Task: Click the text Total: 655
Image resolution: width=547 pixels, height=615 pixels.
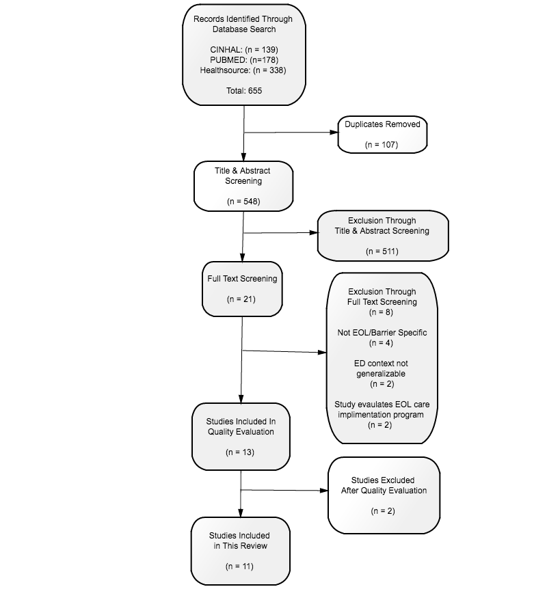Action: [x=244, y=91]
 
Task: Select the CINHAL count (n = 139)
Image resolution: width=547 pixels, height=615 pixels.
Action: [x=261, y=50]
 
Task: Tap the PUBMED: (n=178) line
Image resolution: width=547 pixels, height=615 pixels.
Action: [x=244, y=60]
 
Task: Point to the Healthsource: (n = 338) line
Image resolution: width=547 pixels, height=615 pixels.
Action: [x=243, y=70]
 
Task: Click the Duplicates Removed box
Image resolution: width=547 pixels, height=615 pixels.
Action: [x=383, y=135]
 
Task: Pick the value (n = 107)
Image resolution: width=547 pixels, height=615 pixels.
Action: [x=382, y=145]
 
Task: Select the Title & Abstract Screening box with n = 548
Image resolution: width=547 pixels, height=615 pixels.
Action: [x=243, y=187]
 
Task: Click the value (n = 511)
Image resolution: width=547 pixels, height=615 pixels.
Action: [x=382, y=251]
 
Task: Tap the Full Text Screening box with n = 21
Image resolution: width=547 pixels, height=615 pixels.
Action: [x=242, y=289]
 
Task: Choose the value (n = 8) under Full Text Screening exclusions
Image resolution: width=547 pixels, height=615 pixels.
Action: [x=381, y=312]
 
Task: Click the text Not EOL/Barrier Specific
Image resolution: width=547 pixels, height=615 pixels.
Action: [x=382, y=333]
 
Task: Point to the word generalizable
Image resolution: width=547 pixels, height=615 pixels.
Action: [x=381, y=374]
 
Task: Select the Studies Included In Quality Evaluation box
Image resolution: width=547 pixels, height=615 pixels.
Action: [x=241, y=437]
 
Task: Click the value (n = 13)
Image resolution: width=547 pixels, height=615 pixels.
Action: [x=240, y=452]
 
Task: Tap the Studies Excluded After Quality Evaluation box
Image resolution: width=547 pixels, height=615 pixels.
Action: [x=384, y=495]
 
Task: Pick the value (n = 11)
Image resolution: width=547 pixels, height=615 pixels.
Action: [x=239, y=566]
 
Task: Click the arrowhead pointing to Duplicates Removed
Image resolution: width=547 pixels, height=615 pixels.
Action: [x=334, y=132]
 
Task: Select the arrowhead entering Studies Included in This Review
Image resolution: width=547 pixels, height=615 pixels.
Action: [x=241, y=513]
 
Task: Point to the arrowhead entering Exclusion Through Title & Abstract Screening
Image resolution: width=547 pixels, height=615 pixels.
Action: [x=314, y=232]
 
